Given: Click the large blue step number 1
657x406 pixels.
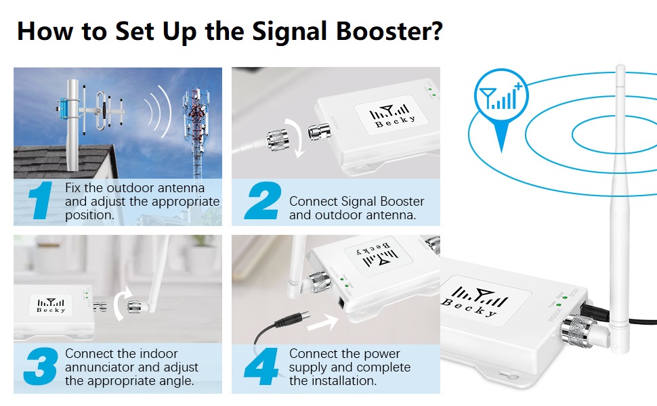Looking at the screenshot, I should (x=42, y=201).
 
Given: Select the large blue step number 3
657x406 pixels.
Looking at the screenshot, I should (x=40, y=367).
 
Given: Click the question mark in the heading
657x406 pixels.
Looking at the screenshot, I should (x=436, y=31).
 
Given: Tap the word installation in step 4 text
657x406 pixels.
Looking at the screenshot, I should (x=343, y=381).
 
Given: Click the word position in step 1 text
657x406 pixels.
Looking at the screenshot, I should (x=88, y=215).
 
